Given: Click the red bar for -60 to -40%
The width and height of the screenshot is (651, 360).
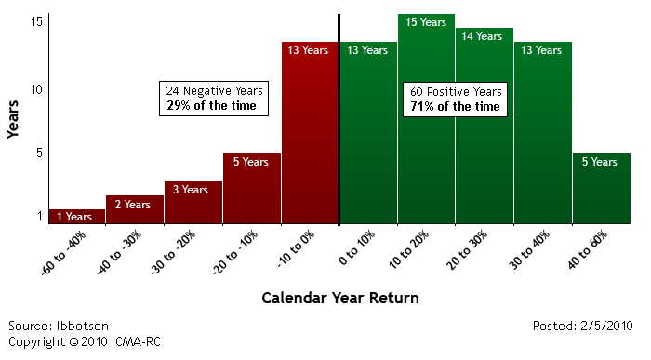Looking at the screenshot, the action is (77, 217).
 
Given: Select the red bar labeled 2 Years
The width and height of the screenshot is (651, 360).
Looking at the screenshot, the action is (135, 209).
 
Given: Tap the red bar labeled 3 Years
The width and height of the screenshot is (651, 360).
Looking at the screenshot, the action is (193, 203).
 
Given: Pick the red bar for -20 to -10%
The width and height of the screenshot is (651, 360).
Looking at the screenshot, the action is (252, 189).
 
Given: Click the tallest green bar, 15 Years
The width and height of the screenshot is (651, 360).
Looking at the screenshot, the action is (426, 119).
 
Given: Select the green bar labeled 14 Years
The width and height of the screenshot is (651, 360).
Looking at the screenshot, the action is (485, 126).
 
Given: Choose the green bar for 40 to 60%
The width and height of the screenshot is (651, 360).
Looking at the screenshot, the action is (602, 189).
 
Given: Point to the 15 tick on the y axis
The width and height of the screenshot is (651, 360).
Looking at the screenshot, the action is (36, 21).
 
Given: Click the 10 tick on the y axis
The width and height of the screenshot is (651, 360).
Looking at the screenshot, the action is (36, 89).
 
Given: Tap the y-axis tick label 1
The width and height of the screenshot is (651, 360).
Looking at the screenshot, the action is (40, 216).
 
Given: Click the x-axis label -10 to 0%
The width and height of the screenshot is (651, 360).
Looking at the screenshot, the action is (296, 248).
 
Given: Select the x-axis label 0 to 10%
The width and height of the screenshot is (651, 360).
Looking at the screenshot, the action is (356, 247).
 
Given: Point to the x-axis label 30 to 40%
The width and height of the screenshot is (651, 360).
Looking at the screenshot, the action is (529, 249).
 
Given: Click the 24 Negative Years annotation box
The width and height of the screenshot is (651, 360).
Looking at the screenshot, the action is (214, 99).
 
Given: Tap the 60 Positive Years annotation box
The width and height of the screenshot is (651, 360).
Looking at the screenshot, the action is (455, 100).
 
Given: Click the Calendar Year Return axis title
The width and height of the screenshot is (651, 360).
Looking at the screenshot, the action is (340, 298).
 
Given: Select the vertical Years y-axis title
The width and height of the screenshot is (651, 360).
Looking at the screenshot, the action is (13, 119).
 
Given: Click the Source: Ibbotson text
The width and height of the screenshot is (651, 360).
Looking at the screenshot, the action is (59, 326).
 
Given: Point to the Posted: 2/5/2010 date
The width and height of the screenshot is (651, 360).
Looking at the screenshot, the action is (582, 326).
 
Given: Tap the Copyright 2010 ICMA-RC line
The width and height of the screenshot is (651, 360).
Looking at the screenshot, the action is (85, 341).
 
